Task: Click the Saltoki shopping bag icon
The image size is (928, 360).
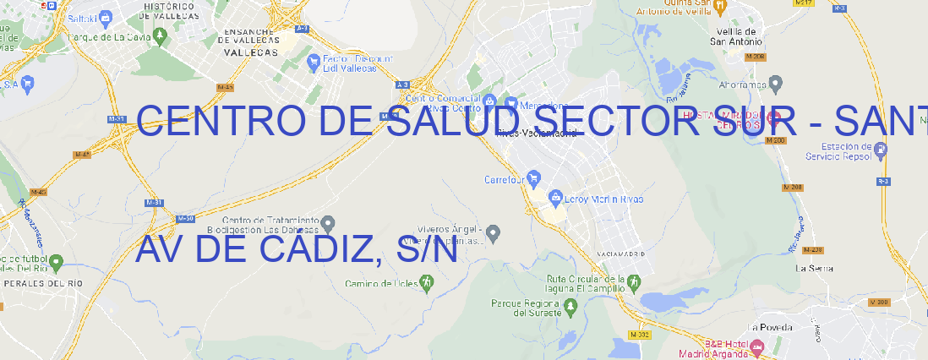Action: tap(106, 16)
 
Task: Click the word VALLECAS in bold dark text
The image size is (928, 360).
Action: tap(250, 52)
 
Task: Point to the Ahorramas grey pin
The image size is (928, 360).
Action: tap(776, 82)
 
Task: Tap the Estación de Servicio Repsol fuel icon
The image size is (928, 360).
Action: tap(881, 150)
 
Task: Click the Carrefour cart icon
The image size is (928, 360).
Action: tap(534, 178)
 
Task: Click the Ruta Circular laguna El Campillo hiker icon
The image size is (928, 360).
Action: tap(633, 280)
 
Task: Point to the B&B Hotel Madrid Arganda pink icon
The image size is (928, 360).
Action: tap(757, 346)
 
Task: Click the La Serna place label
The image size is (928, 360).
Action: tap(815, 268)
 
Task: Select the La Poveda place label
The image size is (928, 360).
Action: tap(769, 327)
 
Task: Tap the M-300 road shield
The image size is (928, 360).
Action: tap(879, 303)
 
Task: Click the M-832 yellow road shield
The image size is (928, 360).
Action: tap(639, 335)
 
